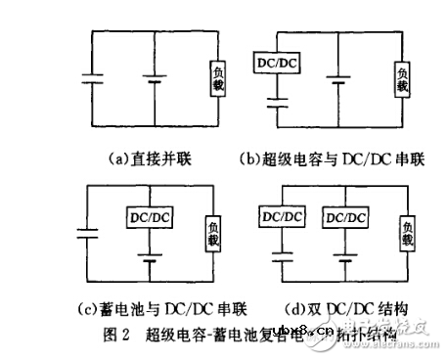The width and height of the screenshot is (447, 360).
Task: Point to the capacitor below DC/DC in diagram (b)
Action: tap(278, 97)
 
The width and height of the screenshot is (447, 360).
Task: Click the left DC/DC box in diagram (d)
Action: tap(278, 214)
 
